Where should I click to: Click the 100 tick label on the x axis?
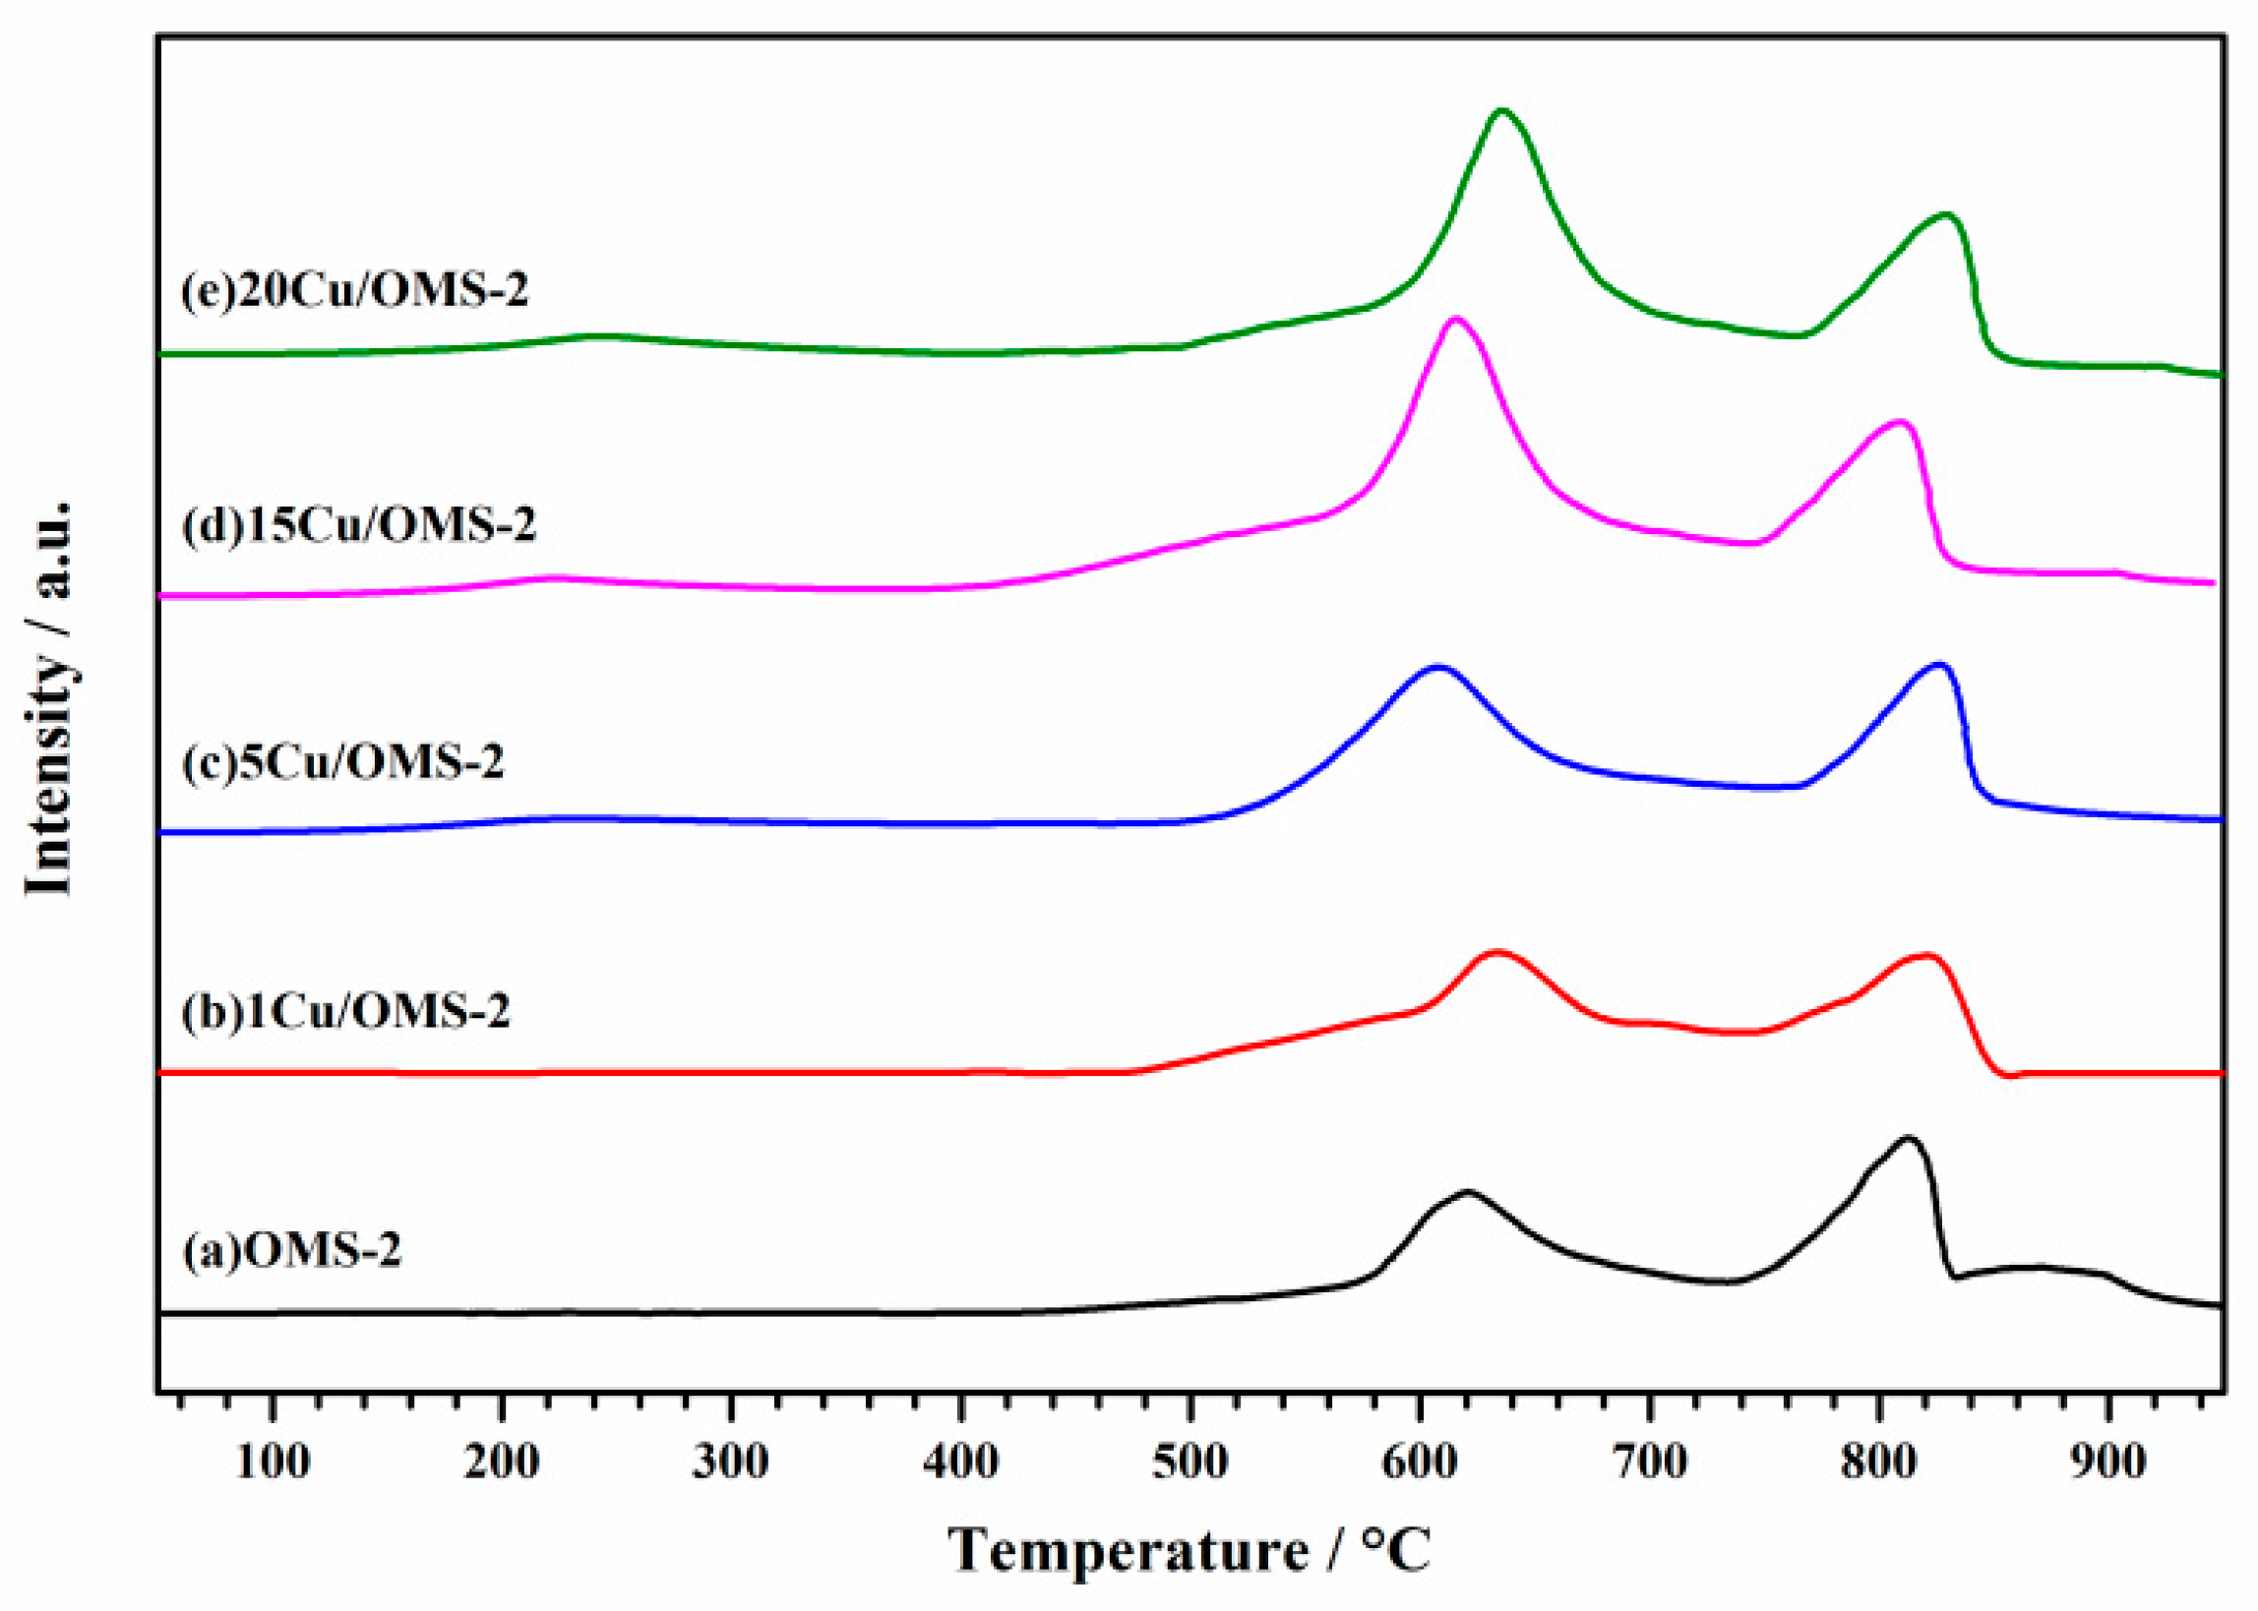[x=273, y=1462]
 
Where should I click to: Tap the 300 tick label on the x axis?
[x=731, y=1462]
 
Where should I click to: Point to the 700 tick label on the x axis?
[x=1648, y=1462]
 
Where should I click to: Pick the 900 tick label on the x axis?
[x=2107, y=1462]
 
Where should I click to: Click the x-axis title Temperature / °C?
[x=1190, y=1550]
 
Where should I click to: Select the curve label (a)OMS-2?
[x=290, y=1251]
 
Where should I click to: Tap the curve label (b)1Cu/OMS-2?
[x=344, y=1012]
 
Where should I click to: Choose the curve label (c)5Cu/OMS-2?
[x=342, y=762]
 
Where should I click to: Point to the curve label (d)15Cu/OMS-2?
[x=358, y=525]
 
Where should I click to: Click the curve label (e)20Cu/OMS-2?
[x=354, y=291]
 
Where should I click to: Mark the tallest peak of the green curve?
[x=1502, y=110]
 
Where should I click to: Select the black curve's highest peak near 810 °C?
[x=1906, y=1138]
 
